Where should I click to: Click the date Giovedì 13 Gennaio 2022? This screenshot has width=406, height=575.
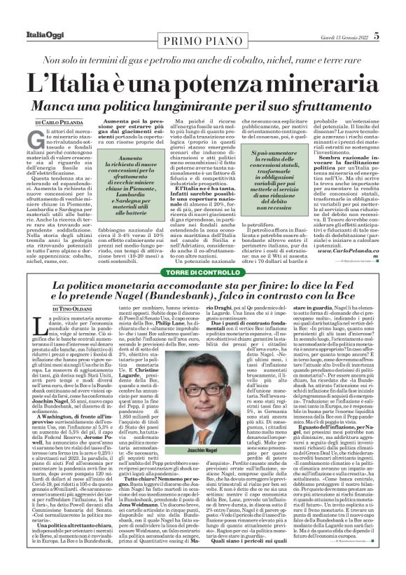coord(335,36)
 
